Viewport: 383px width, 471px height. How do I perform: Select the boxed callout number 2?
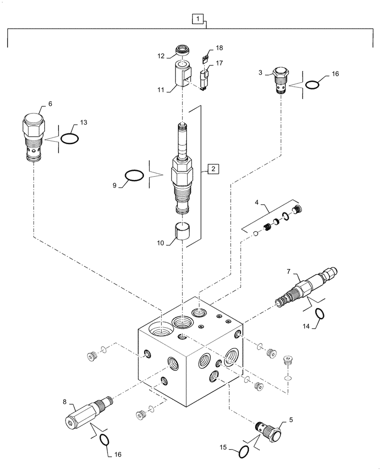tap(213, 168)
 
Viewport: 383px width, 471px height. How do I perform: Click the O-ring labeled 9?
tap(134, 175)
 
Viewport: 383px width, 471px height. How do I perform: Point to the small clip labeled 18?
tap(205, 59)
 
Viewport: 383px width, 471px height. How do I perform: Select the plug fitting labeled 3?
tap(281, 82)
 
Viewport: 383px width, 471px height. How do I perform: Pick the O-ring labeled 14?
tap(319, 314)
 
